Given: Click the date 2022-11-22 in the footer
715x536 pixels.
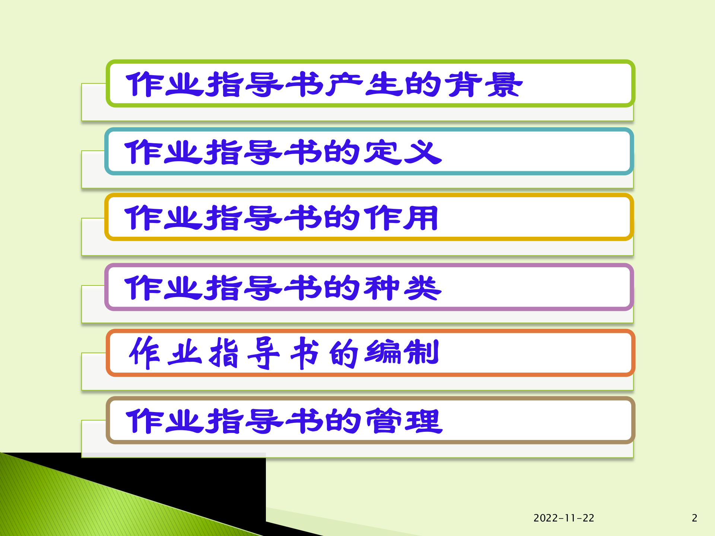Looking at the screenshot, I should (563, 518).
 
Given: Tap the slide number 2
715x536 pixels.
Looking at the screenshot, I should (694, 518).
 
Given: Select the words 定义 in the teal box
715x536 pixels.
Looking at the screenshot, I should (402, 152).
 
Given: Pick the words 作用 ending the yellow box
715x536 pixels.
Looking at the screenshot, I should (401, 218).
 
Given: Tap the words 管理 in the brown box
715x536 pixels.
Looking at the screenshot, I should (404, 421).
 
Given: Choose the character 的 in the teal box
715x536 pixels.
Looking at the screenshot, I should (341, 152).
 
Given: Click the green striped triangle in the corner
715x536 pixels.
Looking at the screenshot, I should (74, 506).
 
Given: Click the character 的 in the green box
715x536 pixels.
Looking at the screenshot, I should (423, 85).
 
